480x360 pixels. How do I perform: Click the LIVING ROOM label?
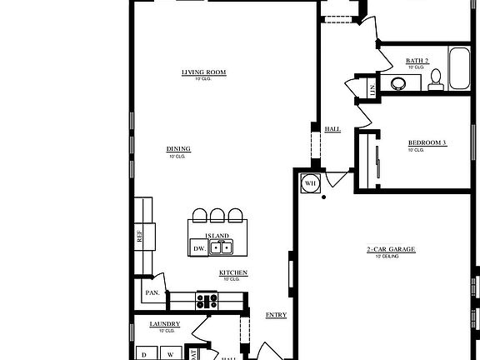coord(204,72)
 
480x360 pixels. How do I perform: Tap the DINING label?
coord(178,149)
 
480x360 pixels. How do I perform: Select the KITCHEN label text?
coord(232,272)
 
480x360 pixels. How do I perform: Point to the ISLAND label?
coord(217,236)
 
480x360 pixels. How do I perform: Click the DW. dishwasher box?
coord(199,248)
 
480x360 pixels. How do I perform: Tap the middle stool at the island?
coord(217,216)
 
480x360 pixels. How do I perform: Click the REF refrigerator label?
coord(139,237)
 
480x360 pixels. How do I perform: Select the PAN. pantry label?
coord(152,292)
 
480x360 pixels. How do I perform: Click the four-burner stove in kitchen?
coord(207,300)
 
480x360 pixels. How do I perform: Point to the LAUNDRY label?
coord(164,323)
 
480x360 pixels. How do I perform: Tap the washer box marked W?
coord(171,353)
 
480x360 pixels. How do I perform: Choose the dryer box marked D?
coord(143,353)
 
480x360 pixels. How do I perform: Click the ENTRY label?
coord(276,315)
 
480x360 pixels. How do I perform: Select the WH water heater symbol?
coord(310,183)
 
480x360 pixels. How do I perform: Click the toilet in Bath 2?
coord(435,80)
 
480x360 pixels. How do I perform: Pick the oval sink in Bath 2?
coord(399,82)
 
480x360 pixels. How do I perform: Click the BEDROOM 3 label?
coord(427,142)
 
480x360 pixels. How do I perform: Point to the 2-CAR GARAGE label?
coord(391,250)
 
